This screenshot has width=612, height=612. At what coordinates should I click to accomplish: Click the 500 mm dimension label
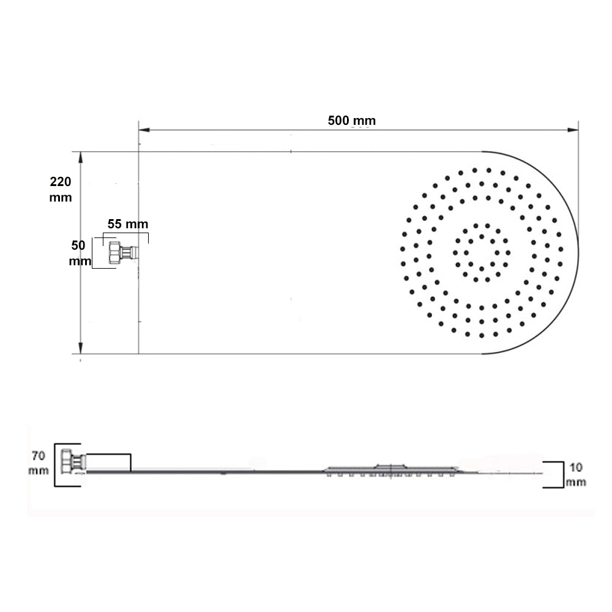coord(351,121)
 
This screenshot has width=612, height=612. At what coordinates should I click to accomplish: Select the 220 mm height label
coord(61,189)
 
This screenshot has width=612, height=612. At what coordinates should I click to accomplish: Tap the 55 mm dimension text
coord(127,224)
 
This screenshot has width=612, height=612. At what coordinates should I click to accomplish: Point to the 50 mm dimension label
coord(78,253)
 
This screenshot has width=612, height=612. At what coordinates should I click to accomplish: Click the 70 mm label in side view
coord(38,463)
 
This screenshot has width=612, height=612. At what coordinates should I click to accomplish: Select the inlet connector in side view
coord(72,461)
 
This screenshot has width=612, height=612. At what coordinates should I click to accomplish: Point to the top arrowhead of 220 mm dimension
coord(80,157)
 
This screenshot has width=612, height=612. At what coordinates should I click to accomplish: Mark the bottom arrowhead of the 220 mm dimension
coord(80,349)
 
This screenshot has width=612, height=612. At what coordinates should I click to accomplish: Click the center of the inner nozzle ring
coord(481,252)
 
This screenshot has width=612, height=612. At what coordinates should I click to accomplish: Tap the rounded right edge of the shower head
coord(577,252)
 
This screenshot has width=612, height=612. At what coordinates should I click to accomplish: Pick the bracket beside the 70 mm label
coord(56,465)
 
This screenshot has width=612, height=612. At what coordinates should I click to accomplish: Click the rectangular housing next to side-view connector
coord(108,462)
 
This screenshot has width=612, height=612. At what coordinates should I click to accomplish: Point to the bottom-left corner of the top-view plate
coord(139,354)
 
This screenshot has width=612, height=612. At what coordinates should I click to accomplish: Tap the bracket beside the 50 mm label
coord(92,253)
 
